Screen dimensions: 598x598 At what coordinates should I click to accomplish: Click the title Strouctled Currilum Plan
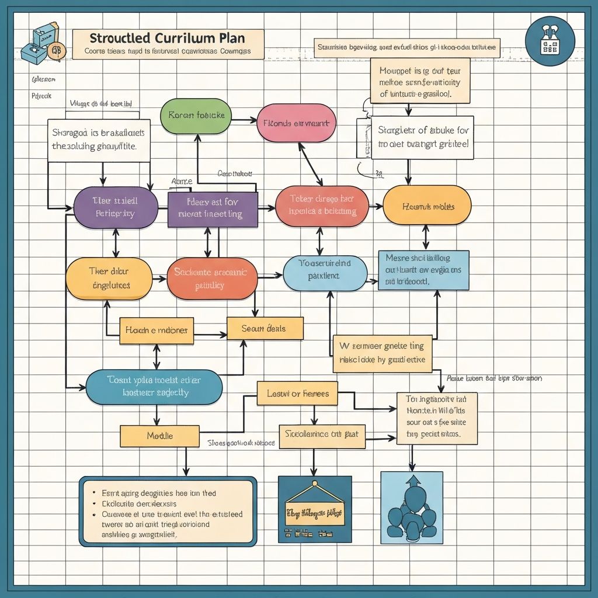[x=168, y=39]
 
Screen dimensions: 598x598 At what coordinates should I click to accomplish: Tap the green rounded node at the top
[x=196, y=116]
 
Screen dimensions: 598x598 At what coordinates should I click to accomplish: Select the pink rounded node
[x=296, y=123]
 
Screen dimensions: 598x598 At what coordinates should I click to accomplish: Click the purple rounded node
[x=116, y=207]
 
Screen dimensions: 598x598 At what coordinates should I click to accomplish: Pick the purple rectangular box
[x=213, y=208]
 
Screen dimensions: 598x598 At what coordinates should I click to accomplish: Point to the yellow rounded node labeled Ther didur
[x=109, y=279]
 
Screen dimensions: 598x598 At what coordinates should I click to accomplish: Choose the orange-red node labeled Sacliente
[x=212, y=279]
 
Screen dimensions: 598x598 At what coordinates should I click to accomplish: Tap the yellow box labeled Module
[x=160, y=436]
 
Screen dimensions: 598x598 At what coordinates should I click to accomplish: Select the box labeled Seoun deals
[x=265, y=328]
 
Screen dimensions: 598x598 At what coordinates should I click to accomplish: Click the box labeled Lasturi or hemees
[x=297, y=394]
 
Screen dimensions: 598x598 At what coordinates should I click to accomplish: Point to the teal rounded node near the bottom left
[x=154, y=387]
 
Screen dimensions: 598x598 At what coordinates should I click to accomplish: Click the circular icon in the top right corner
[x=550, y=41]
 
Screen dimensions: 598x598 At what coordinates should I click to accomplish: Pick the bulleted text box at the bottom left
[x=168, y=512]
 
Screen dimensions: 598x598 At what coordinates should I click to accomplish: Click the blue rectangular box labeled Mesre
[x=423, y=270]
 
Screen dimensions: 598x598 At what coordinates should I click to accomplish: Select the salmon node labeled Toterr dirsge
[x=322, y=206]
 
